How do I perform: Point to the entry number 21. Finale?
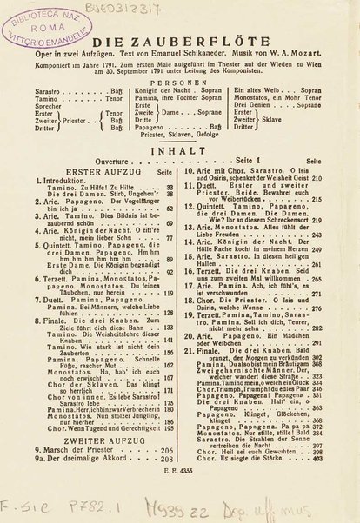pyautogui.click(x=209, y=301)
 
